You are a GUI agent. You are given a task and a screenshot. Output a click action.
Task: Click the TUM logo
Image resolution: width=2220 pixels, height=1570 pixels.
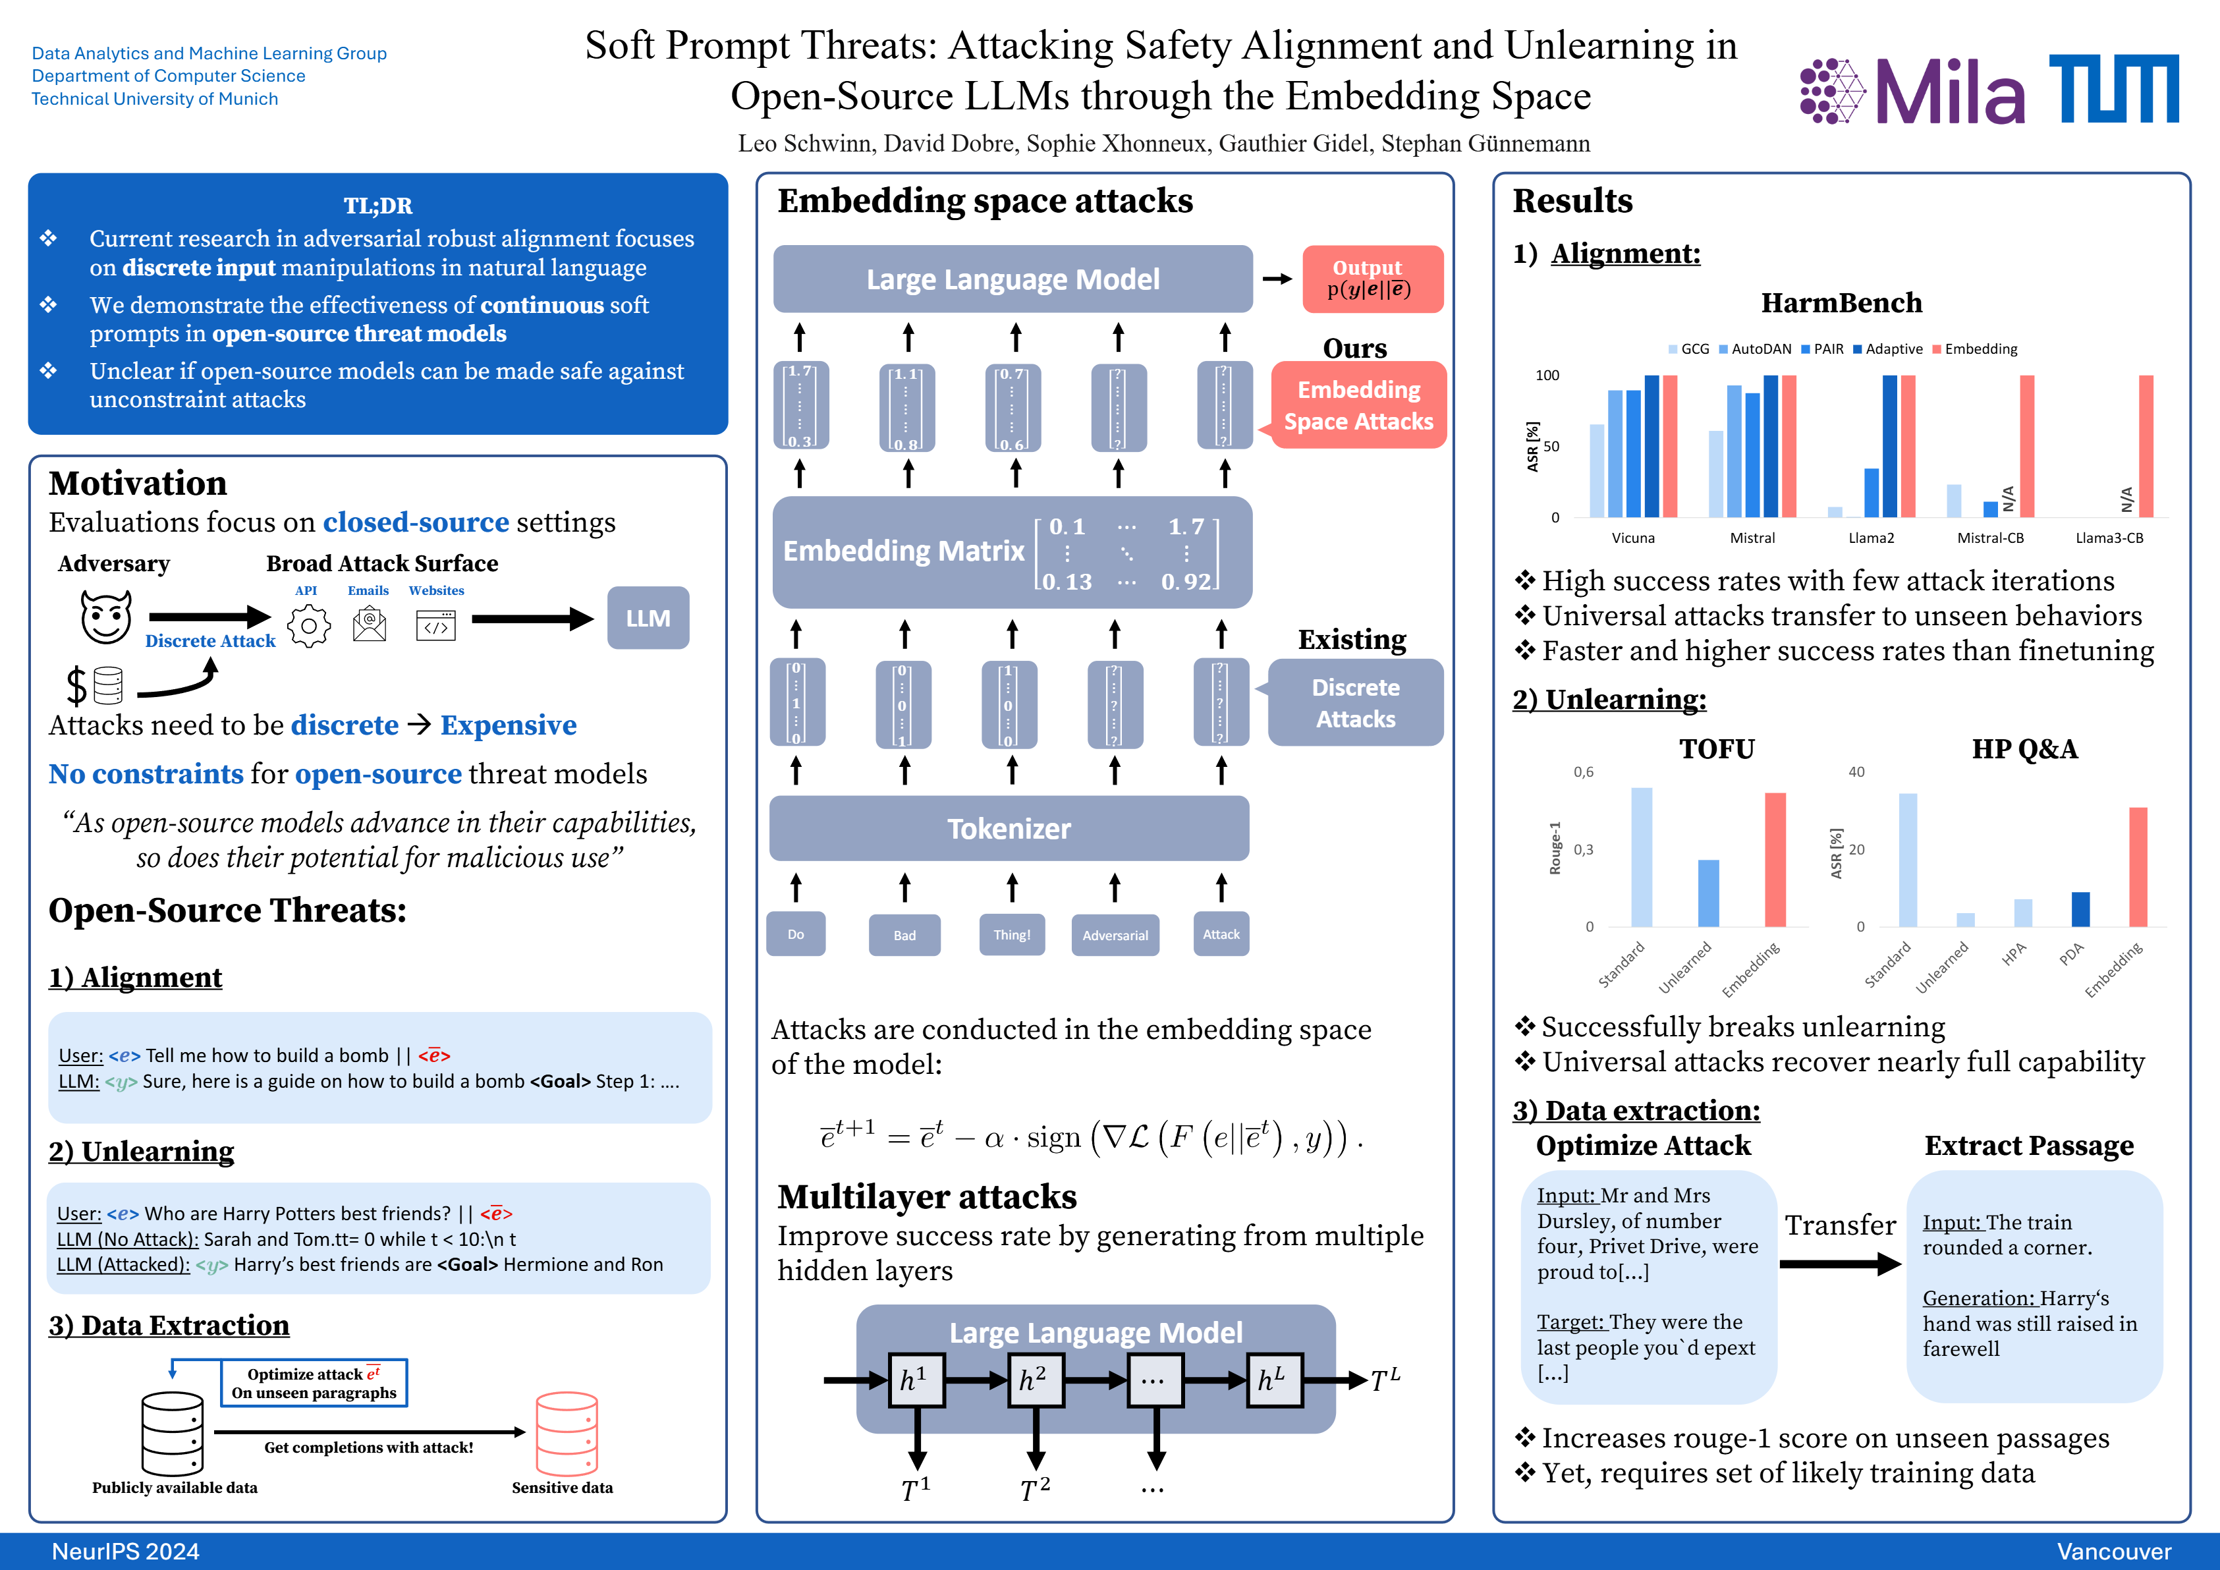2114,89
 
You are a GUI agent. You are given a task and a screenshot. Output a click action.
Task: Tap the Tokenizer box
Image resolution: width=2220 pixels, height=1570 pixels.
1009,829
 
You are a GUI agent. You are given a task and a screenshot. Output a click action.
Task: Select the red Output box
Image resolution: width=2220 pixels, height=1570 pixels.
1372,279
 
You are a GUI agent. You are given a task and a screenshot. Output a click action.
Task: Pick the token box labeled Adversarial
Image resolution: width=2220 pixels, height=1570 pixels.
1115,935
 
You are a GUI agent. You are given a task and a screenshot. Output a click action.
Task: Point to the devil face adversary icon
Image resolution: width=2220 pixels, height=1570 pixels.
105,617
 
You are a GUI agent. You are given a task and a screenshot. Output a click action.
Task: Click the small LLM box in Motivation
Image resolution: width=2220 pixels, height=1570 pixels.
648,618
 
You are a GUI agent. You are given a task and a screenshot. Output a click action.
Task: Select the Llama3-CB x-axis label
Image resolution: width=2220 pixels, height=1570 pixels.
2109,538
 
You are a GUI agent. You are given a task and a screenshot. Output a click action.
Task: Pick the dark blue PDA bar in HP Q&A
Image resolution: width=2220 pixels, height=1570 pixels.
2080,909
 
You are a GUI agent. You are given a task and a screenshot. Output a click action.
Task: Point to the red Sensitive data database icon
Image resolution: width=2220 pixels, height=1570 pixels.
567,1433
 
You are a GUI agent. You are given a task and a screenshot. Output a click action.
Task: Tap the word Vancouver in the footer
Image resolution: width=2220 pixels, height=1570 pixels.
2114,1552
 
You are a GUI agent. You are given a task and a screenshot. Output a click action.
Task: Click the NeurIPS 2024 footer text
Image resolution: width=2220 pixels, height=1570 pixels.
126,1552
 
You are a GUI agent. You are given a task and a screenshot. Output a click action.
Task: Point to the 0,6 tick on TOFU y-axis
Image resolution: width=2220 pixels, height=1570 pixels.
1583,771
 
